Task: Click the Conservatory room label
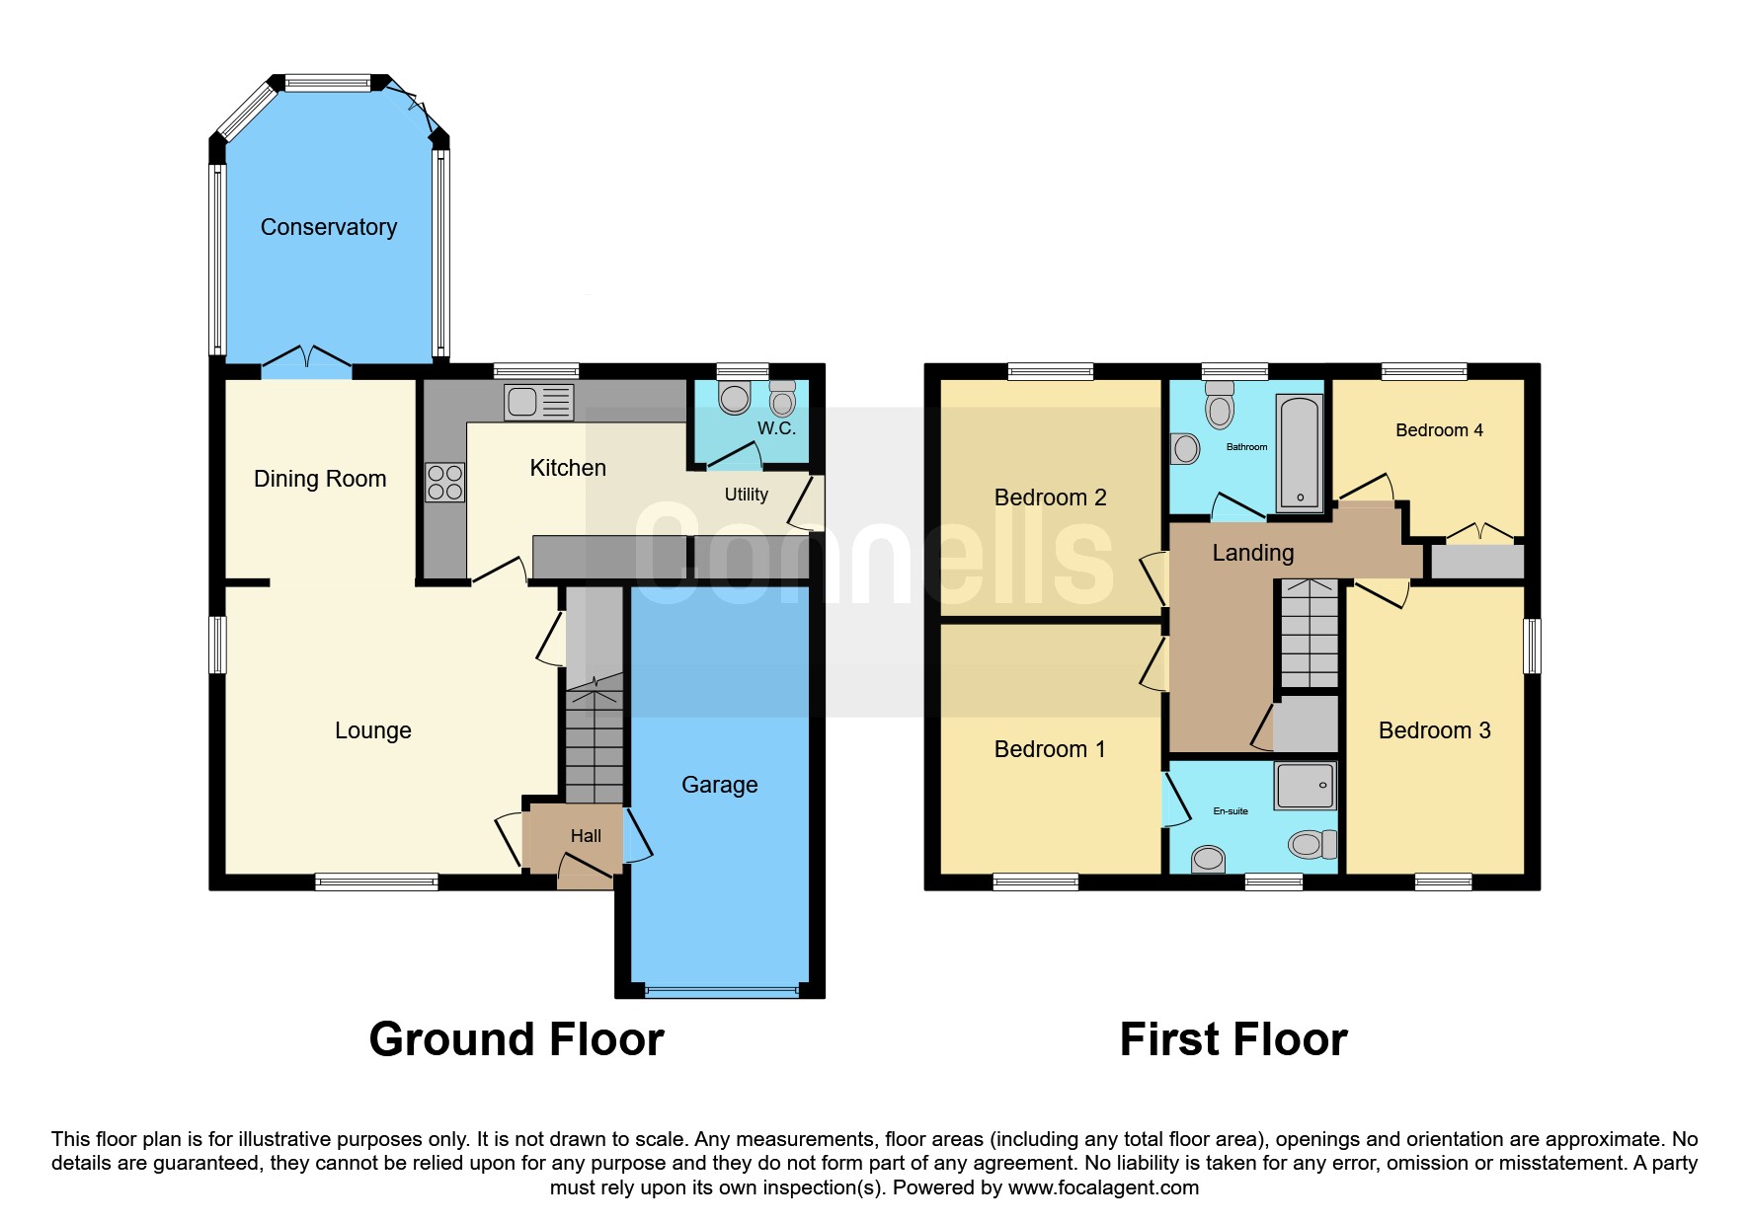pyautogui.click(x=329, y=228)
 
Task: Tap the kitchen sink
pyautogui.click(x=539, y=402)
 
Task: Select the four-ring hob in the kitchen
pyautogui.click(x=444, y=483)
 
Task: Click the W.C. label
pyautogui.click(x=776, y=428)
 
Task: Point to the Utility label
pyautogui.click(x=746, y=495)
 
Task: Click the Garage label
pyautogui.click(x=720, y=785)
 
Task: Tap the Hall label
pyautogui.click(x=586, y=836)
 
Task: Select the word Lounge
pyautogui.click(x=373, y=731)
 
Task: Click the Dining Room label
pyautogui.click(x=320, y=480)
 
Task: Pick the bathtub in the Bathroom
pyautogui.click(x=1300, y=453)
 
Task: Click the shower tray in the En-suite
pyautogui.click(x=1305, y=786)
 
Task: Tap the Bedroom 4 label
pyautogui.click(x=1439, y=430)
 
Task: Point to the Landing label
pyautogui.click(x=1253, y=553)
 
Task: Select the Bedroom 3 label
pyautogui.click(x=1435, y=730)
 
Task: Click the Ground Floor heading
pyautogui.click(x=517, y=1039)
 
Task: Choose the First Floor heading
pyautogui.click(x=1233, y=1039)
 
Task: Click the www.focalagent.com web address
pyautogui.click(x=1103, y=1187)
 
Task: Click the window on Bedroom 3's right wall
pyautogui.click(x=1532, y=647)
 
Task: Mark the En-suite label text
pyautogui.click(x=1231, y=811)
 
